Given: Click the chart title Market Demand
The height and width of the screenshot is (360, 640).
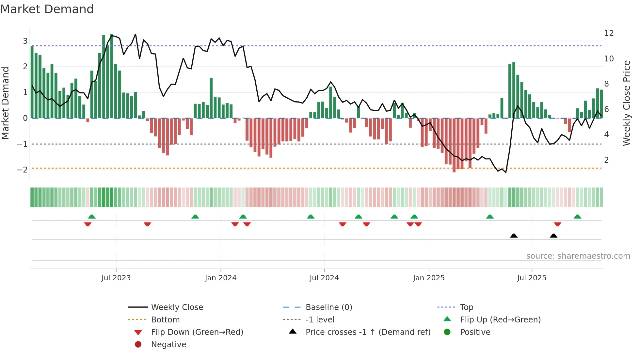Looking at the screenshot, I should click(x=47, y=9).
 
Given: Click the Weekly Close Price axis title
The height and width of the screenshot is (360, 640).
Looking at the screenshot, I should click(x=626, y=103).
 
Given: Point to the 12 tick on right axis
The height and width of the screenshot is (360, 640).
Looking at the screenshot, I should click(x=609, y=33).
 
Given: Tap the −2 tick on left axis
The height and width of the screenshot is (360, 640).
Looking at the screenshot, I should click(x=22, y=170).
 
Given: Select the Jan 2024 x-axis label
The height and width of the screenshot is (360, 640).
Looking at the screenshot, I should click(x=220, y=278).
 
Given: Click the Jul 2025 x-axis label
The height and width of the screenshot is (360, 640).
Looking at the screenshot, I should click(x=531, y=278).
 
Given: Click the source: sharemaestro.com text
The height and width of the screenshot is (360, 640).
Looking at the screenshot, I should click(x=578, y=256).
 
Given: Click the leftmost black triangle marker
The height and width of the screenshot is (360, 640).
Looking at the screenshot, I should click(x=514, y=236).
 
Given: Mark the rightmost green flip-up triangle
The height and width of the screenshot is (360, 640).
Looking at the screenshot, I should click(x=577, y=217).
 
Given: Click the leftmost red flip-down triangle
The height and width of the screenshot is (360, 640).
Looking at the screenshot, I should click(x=88, y=224).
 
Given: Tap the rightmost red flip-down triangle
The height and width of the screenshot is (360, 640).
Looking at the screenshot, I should click(x=557, y=224).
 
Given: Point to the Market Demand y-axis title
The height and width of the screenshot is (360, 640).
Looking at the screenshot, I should click(x=5, y=103).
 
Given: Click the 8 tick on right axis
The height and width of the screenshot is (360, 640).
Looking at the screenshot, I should click(x=606, y=84).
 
